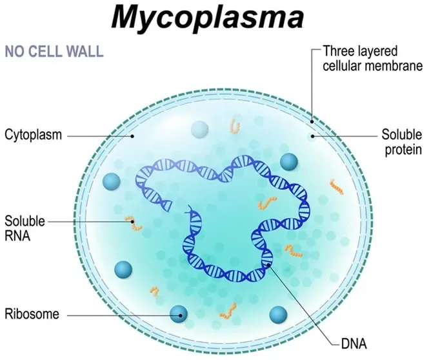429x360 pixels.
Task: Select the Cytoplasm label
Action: [x=33, y=135]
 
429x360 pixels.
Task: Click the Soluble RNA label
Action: [x=25, y=227]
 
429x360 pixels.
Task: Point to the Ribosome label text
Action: [x=32, y=315]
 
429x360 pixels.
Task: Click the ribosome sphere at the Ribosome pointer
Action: [x=179, y=315]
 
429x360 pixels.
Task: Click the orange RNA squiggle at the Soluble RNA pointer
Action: [x=134, y=224]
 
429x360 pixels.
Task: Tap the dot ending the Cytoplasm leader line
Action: [x=132, y=136]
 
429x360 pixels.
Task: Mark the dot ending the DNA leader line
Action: [x=270, y=262]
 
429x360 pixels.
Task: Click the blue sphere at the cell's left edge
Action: [x=112, y=182]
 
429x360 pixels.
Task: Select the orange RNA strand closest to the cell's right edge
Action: [x=336, y=187]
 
